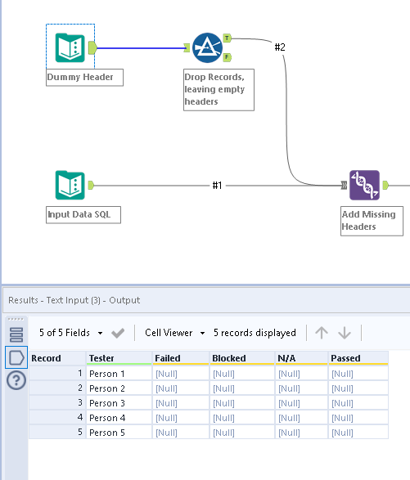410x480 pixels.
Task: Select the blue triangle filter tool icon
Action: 207,48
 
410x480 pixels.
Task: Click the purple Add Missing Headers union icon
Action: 364,185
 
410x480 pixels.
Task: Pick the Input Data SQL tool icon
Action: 70,185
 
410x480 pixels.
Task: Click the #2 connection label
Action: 280,47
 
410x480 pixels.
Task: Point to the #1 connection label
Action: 217,186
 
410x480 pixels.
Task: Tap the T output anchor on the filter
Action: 227,38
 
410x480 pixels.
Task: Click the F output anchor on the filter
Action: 227,57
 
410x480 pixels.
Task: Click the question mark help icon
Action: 16,380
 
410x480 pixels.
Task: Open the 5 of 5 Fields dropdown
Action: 71,333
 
